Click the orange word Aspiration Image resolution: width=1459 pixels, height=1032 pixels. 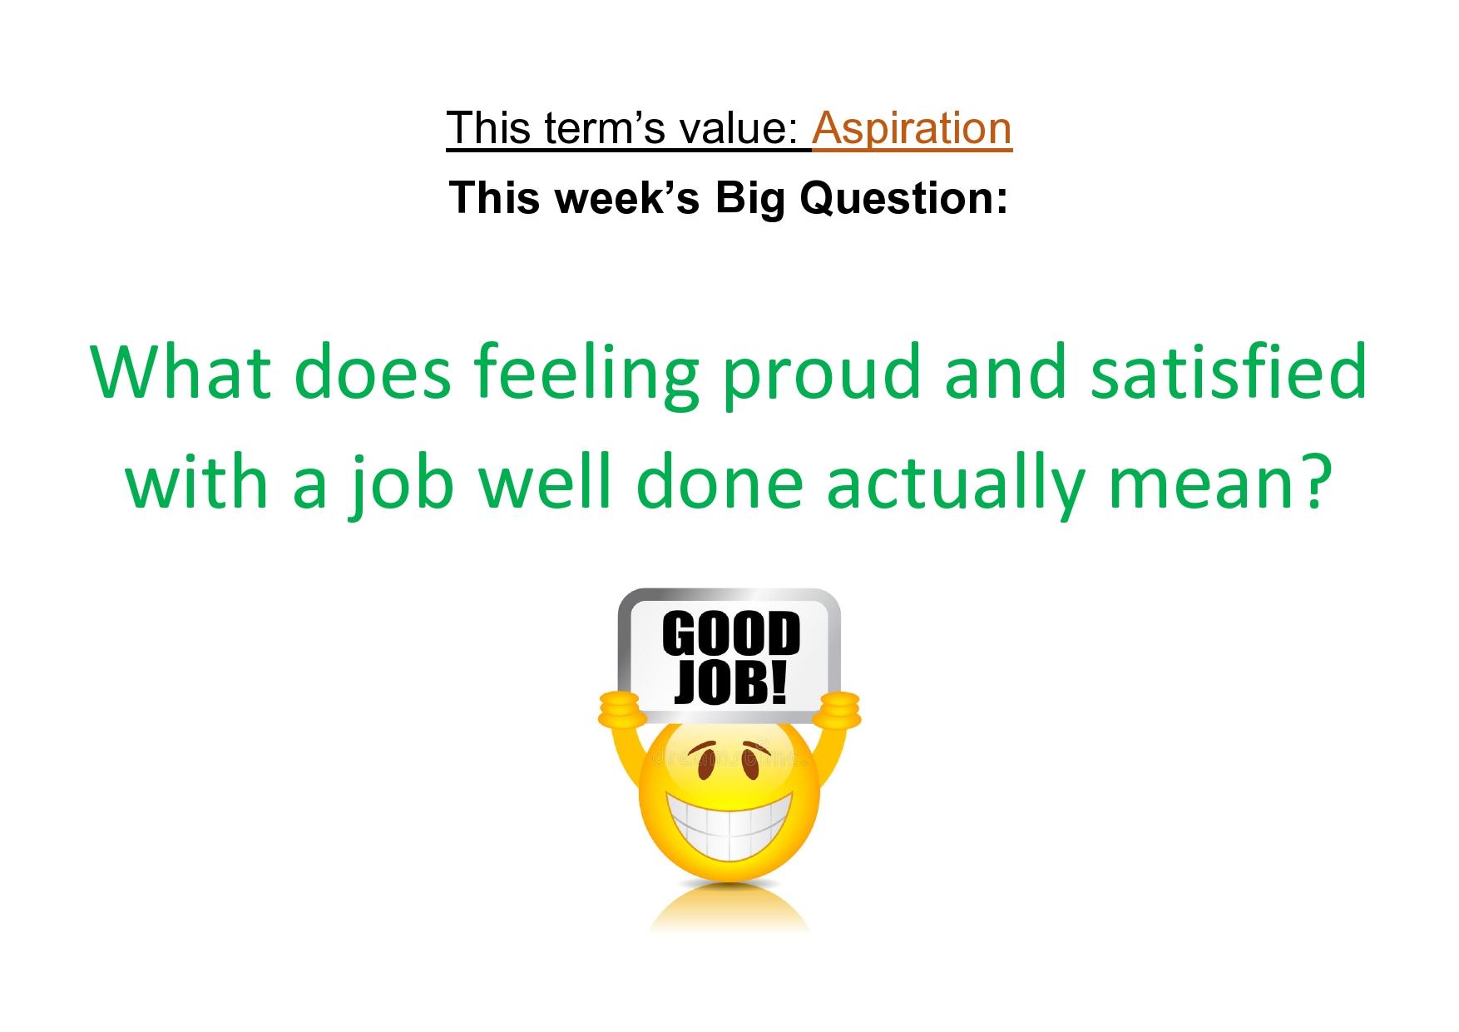pyautogui.click(x=912, y=128)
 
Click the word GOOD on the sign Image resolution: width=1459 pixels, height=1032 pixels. pyautogui.click(x=730, y=636)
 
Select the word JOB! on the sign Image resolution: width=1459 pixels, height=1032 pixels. pyautogui.click(x=729, y=682)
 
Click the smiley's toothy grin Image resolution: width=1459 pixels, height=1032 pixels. pyautogui.click(x=729, y=816)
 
